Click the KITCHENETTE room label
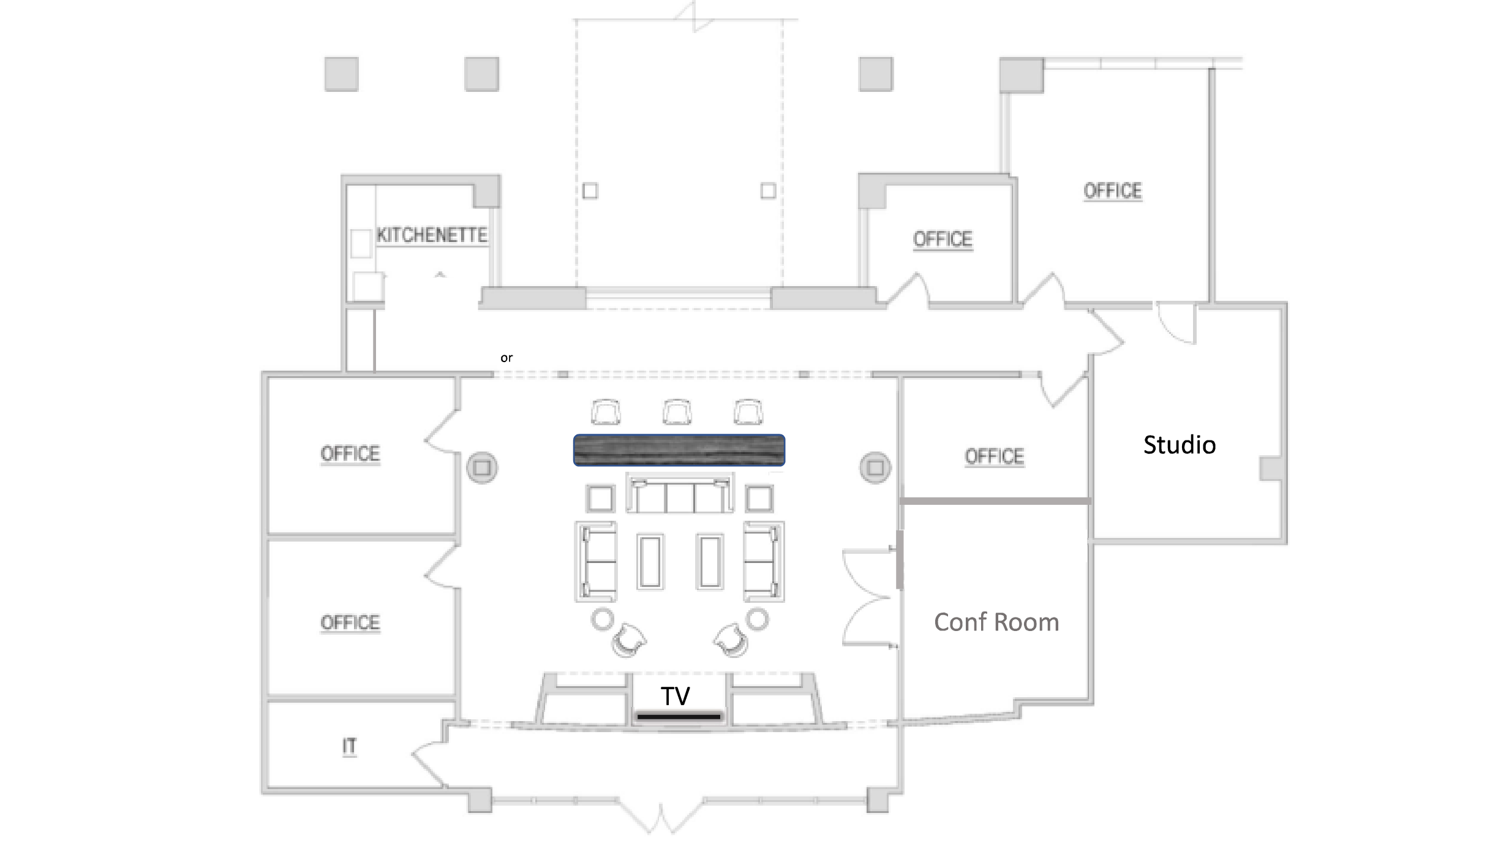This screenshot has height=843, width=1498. [x=432, y=235]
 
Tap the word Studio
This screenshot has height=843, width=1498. [x=1180, y=445]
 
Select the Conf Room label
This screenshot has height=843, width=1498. [x=996, y=622]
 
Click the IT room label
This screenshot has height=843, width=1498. [x=349, y=747]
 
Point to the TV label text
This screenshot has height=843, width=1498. [x=675, y=696]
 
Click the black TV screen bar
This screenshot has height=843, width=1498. [x=679, y=716]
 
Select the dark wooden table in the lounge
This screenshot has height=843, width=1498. [x=679, y=450]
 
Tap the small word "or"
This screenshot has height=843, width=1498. [x=506, y=358]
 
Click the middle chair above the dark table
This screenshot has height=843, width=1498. [x=677, y=412]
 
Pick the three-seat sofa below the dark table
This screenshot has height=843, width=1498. [x=680, y=493]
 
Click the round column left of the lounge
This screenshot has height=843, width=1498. [x=482, y=468]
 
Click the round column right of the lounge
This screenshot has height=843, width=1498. [x=875, y=468]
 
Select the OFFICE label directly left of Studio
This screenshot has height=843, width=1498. [x=995, y=457]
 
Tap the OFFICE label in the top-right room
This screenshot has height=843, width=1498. [x=1113, y=191]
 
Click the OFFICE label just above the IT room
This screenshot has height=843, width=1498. [x=350, y=623]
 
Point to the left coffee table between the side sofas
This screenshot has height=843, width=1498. [x=650, y=562]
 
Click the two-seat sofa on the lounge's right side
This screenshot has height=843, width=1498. [x=764, y=562]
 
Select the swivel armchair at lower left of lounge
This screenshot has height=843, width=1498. [x=628, y=641]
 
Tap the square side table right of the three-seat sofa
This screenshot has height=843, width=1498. [x=759, y=499]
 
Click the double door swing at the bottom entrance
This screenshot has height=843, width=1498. [x=661, y=815]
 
